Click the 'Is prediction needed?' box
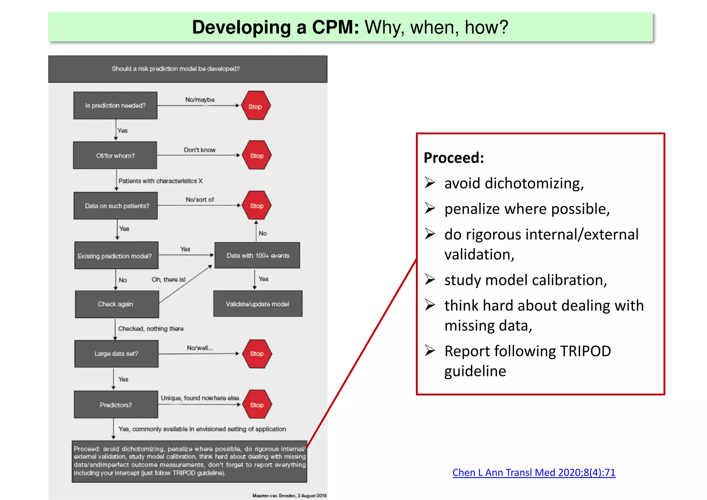(115, 106)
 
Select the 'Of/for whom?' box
(115, 156)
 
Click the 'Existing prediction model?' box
(116, 256)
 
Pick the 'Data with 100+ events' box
(258, 256)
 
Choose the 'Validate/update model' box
(258, 304)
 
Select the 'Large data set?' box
(116, 354)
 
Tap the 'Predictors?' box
(116, 405)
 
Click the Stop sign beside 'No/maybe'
(255, 106)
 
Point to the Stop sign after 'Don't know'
(256, 155)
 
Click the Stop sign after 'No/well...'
(257, 354)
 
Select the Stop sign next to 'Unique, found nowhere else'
(257, 405)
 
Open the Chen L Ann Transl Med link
(534, 472)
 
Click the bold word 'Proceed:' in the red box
(454, 158)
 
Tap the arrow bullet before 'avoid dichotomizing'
(430, 182)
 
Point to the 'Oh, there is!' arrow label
(168, 280)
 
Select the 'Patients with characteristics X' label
(161, 181)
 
